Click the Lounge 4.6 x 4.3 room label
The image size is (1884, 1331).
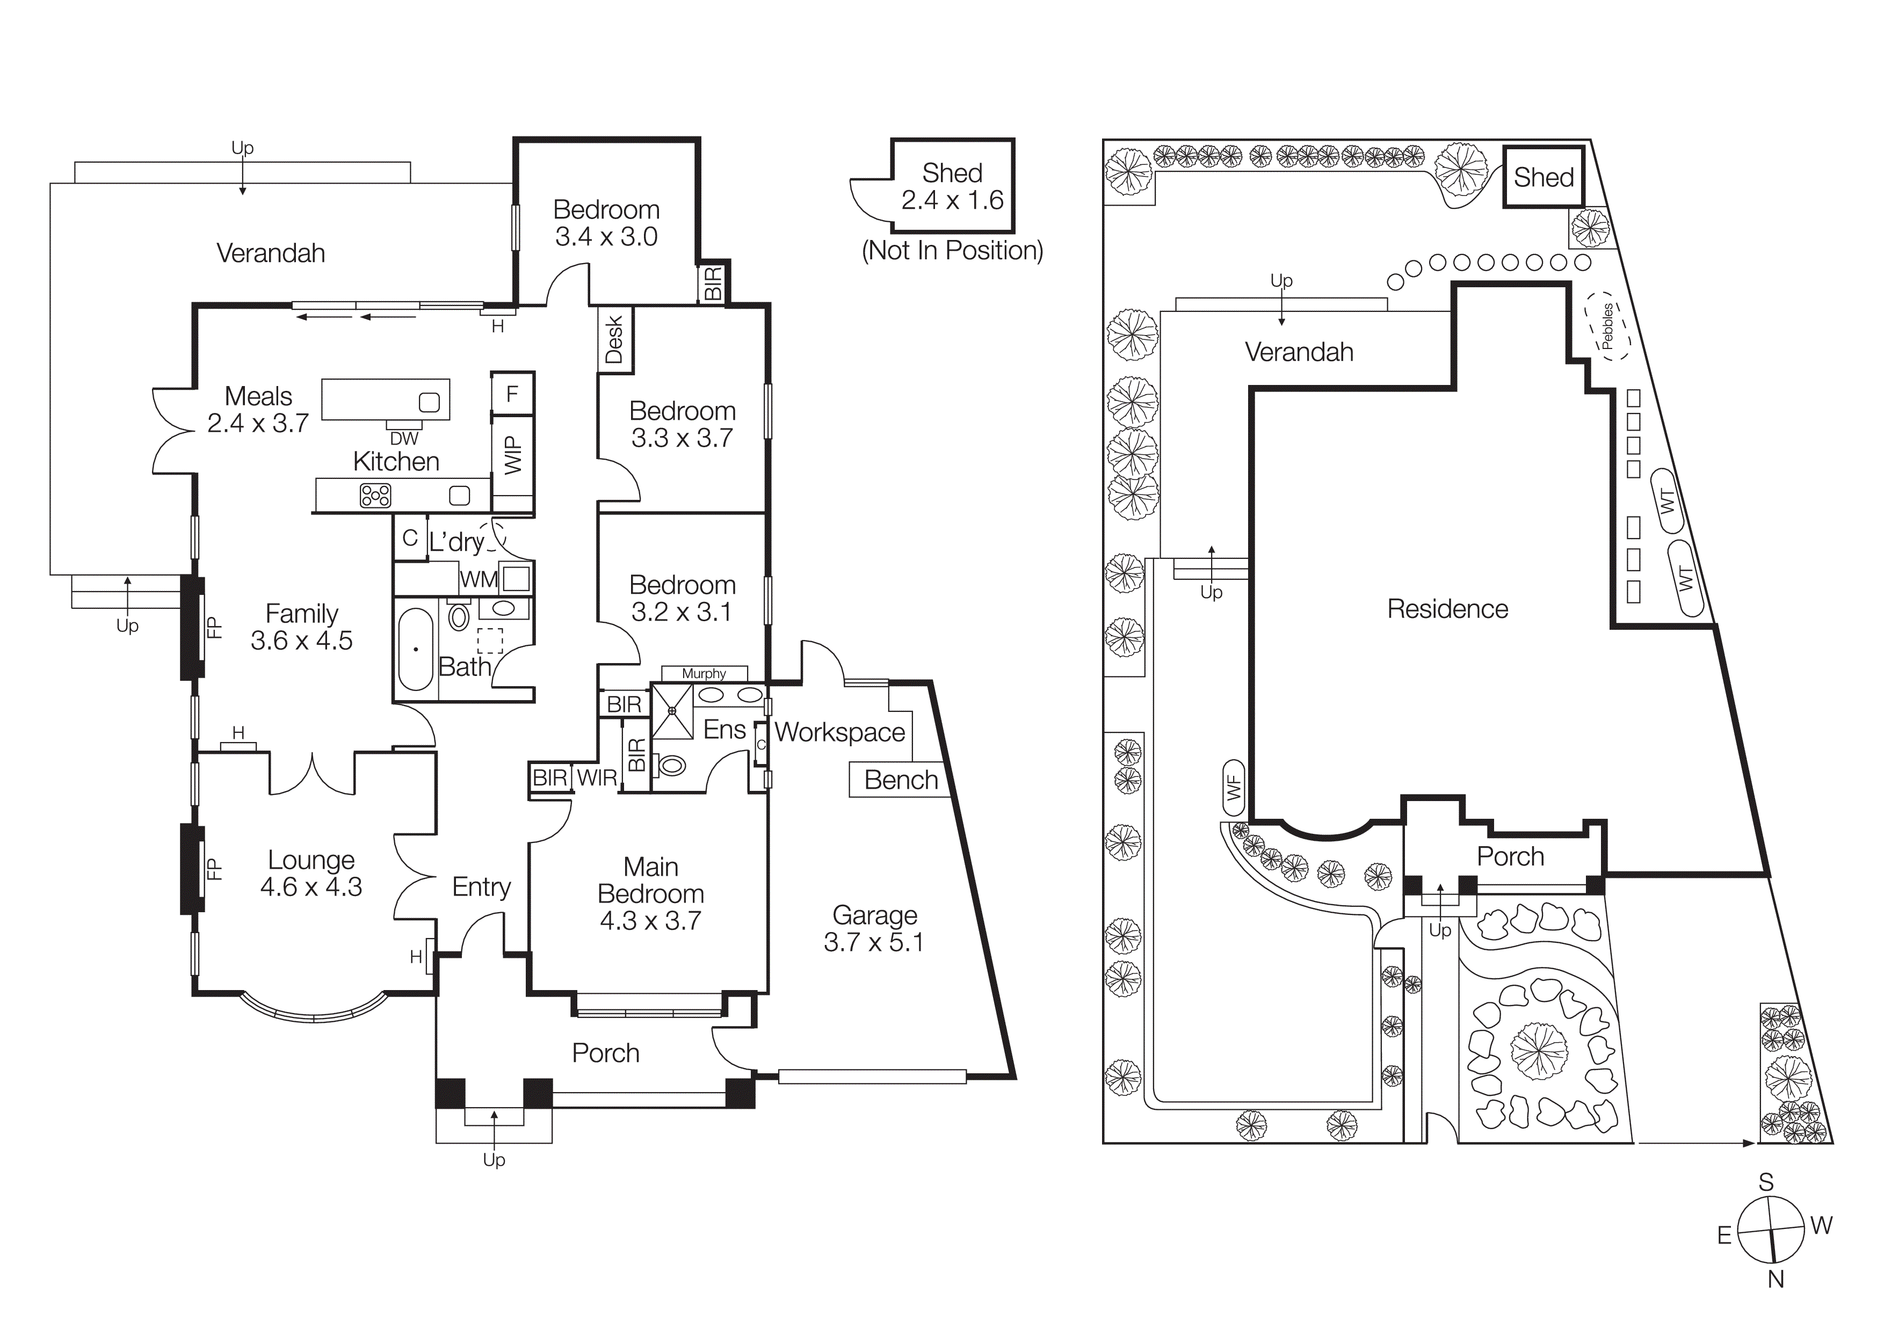click(311, 874)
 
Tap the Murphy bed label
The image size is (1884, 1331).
click(704, 673)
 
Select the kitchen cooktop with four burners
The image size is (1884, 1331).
click(375, 496)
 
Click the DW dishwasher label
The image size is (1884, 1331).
click(404, 439)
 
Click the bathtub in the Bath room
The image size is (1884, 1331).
click(416, 649)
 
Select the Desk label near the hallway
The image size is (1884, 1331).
click(614, 339)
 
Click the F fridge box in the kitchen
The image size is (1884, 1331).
click(512, 395)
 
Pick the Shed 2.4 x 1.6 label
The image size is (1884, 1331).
click(952, 186)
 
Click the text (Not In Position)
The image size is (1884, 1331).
click(952, 250)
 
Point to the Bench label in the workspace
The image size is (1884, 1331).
click(901, 780)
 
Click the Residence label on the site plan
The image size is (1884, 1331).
click(1447, 608)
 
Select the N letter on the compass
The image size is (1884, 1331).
click(1776, 1278)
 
